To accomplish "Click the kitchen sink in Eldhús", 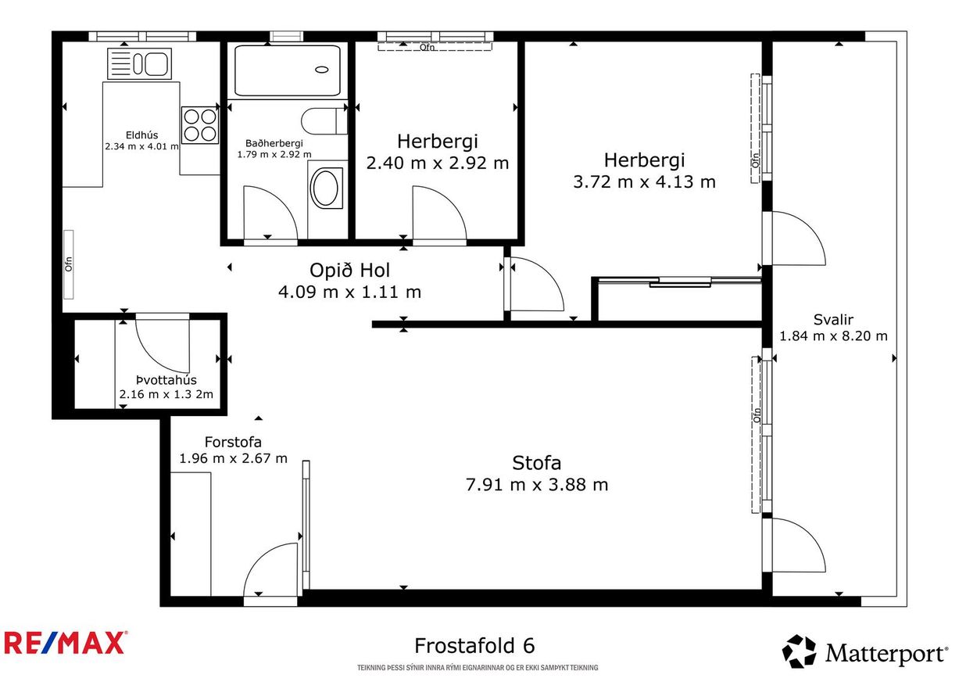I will [140, 63].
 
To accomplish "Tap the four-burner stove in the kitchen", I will [200, 125].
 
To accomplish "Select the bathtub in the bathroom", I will [288, 70].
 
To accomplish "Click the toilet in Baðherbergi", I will [323, 121].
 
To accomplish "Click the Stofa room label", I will [536, 462].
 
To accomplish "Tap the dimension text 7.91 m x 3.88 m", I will [536, 485].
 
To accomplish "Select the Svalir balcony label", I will [832, 319].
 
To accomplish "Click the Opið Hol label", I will [349, 271].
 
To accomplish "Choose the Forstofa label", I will [233, 441].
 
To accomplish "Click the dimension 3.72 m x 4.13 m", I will [644, 182].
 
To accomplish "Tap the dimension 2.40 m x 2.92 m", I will [438, 163].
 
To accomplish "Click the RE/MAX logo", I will [66, 644].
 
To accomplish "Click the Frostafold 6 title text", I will [474, 646].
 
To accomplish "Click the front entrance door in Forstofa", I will [270, 576].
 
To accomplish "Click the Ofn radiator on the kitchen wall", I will [68, 264].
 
